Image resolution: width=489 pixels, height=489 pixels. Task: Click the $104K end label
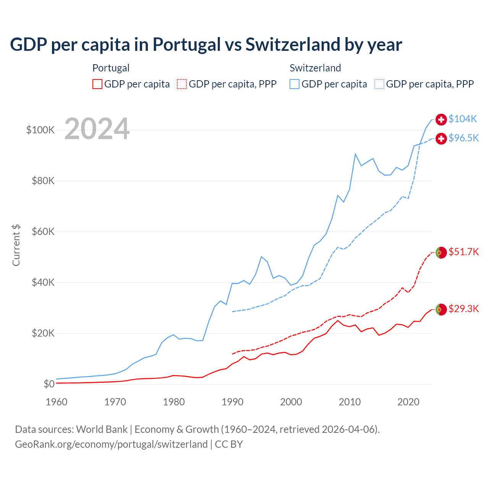(463, 119)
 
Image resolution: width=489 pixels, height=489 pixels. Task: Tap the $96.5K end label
(463, 138)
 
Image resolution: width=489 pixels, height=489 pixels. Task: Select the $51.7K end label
(463, 252)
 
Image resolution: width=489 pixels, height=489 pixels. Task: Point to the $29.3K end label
(463, 309)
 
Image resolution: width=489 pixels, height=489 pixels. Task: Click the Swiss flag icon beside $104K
(441, 120)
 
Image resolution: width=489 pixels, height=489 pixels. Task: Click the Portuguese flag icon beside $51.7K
(441, 253)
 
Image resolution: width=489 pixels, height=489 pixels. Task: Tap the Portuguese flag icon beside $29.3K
(441, 309)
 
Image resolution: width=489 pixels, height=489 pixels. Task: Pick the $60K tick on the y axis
(43, 232)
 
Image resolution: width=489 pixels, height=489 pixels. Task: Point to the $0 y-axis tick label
(49, 384)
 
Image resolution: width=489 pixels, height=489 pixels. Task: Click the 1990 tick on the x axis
(232, 402)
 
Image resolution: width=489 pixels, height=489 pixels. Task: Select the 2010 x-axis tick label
(350, 402)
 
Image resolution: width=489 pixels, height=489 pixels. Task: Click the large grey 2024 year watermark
(97, 129)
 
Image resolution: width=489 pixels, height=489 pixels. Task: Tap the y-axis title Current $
(16, 245)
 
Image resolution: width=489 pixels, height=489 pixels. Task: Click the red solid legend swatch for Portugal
(97, 84)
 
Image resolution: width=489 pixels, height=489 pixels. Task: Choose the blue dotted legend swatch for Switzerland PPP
(379, 84)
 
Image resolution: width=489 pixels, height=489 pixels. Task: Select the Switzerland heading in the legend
(315, 68)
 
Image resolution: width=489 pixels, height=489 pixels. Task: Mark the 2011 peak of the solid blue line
(355, 154)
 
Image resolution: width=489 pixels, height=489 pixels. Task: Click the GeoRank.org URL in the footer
(111, 444)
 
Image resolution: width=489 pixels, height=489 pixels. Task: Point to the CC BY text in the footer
(229, 444)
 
